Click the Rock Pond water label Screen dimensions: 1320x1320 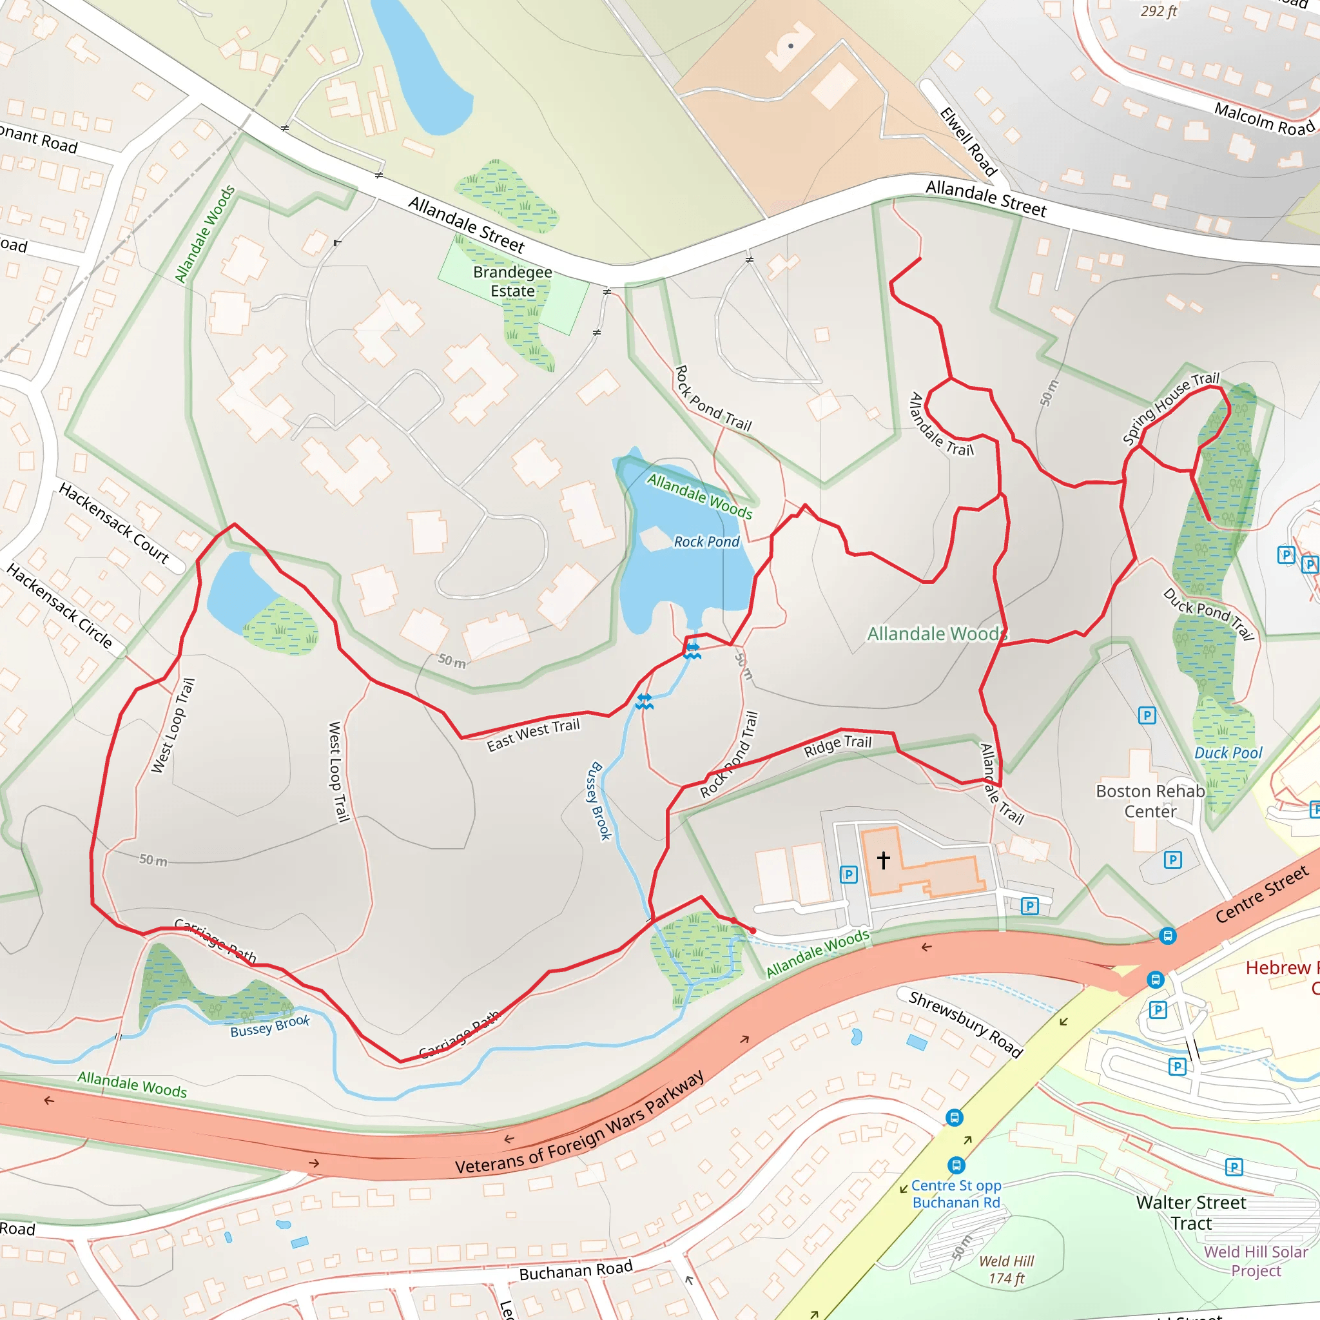pyautogui.click(x=706, y=542)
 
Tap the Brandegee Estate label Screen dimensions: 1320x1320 pyautogui.click(x=512, y=282)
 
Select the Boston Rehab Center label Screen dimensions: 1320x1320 pyautogui.click(x=1150, y=801)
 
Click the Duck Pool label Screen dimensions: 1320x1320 pyautogui.click(x=1228, y=753)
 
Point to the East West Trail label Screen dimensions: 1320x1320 pyautogui.click(x=533, y=735)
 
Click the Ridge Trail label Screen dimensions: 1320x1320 pyautogui.click(x=838, y=746)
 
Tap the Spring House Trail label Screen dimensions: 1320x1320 pyautogui.click(x=1171, y=408)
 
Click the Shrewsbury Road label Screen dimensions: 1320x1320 pyautogui.click(x=965, y=1024)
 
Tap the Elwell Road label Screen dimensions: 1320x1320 pyautogui.click(x=968, y=142)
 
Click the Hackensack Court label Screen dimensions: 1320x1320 pyautogui.click(x=114, y=523)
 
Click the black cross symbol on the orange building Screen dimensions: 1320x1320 pyautogui.click(x=884, y=860)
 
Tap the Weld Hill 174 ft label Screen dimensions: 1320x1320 pyautogui.click(x=1006, y=1270)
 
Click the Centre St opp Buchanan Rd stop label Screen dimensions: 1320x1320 pyautogui.click(x=956, y=1194)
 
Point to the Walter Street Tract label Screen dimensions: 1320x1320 pyautogui.click(x=1191, y=1212)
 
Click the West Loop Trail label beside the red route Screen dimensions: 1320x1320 pyautogui.click(x=173, y=726)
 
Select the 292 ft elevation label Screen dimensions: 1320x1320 pyautogui.click(x=1159, y=11)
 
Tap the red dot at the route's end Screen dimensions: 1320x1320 pyautogui.click(x=753, y=931)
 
